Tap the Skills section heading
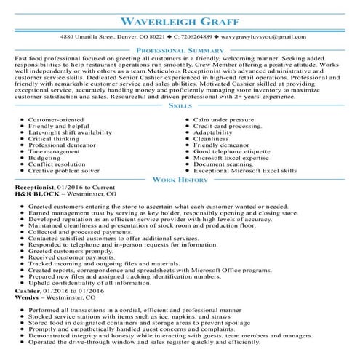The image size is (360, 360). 180,105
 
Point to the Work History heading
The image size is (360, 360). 180,179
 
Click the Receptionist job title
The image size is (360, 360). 35,188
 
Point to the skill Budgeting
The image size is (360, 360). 44,156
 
